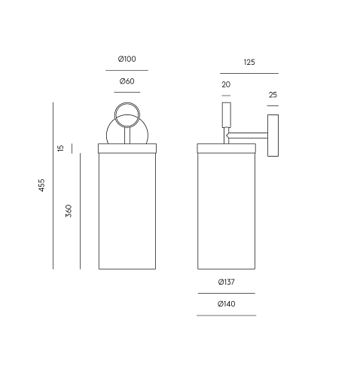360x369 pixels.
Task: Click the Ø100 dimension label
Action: pyautogui.click(x=127, y=59)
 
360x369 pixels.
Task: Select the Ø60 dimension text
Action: pyautogui.click(x=127, y=81)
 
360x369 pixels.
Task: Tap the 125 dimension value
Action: pyautogui.click(x=249, y=62)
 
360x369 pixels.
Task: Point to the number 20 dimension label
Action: pyautogui.click(x=226, y=84)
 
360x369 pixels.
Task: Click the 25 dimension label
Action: pyautogui.click(x=273, y=95)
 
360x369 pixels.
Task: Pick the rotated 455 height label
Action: pyautogui.click(x=41, y=185)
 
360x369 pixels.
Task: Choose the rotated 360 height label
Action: pyautogui.click(x=69, y=211)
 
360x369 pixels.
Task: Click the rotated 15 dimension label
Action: pyautogui.click(x=61, y=148)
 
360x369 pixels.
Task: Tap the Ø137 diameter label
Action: pyautogui.click(x=227, y=282)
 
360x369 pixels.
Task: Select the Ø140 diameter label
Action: pyautogui.click(x=227, y=304)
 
